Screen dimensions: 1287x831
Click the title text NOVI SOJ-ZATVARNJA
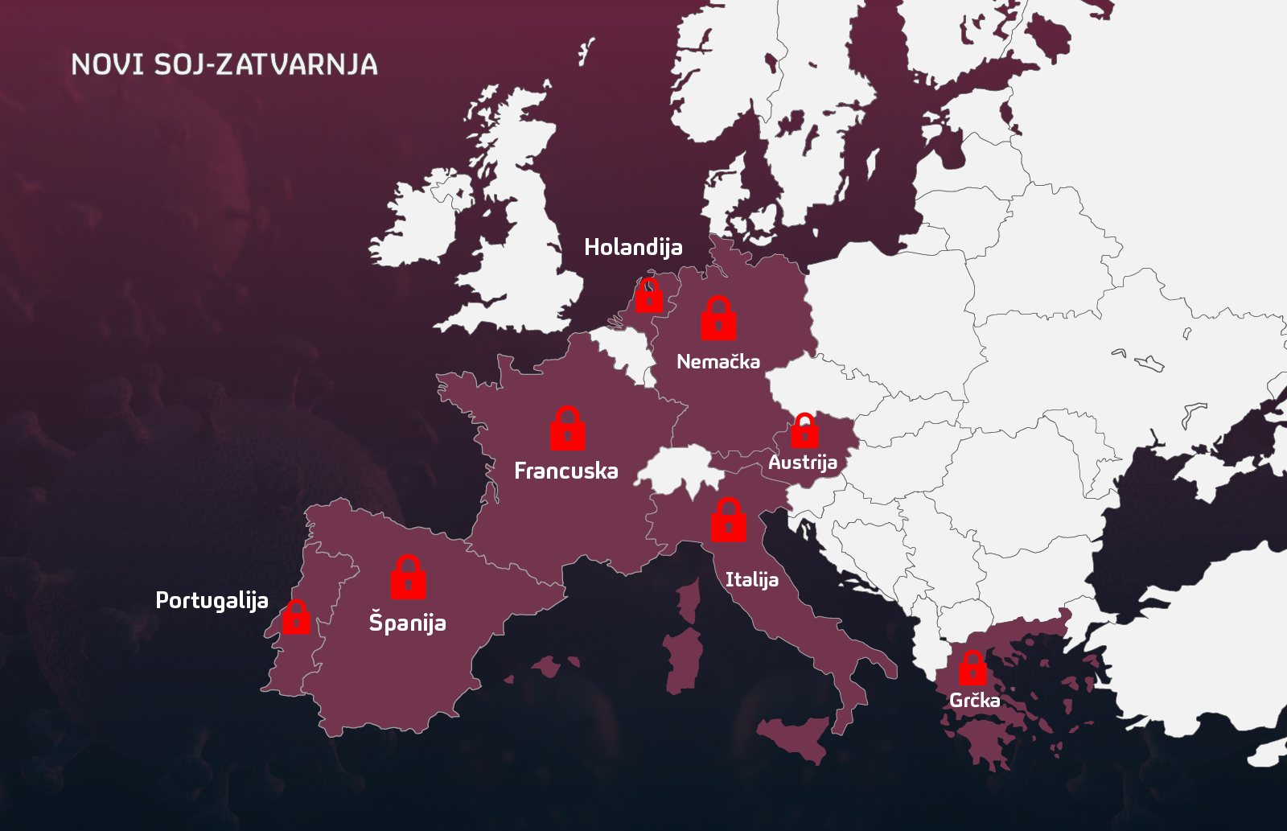pos(224,64)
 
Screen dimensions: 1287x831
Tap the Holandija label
pos(633,247)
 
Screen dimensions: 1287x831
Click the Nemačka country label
pos(718,362)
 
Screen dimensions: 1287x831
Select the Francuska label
pos(566,471)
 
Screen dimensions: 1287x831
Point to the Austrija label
pos(803,463)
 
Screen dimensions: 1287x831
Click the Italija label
pos(752,580)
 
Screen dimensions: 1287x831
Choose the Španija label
pos(407,623)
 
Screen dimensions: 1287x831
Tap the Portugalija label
pos(212,601)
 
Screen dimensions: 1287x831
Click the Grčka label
pos(975,700)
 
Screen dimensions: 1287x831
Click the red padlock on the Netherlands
pos(649,296)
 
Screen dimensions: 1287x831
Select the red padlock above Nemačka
pos(718,319)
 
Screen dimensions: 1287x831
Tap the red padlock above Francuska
pos(568,429)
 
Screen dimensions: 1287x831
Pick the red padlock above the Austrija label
pos(804,431)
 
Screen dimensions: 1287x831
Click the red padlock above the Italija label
pos(729,520)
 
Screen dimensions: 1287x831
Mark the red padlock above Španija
pos(408,578)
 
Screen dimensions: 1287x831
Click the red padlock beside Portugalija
pos(297,618)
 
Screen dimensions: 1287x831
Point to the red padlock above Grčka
pos(973,669)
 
